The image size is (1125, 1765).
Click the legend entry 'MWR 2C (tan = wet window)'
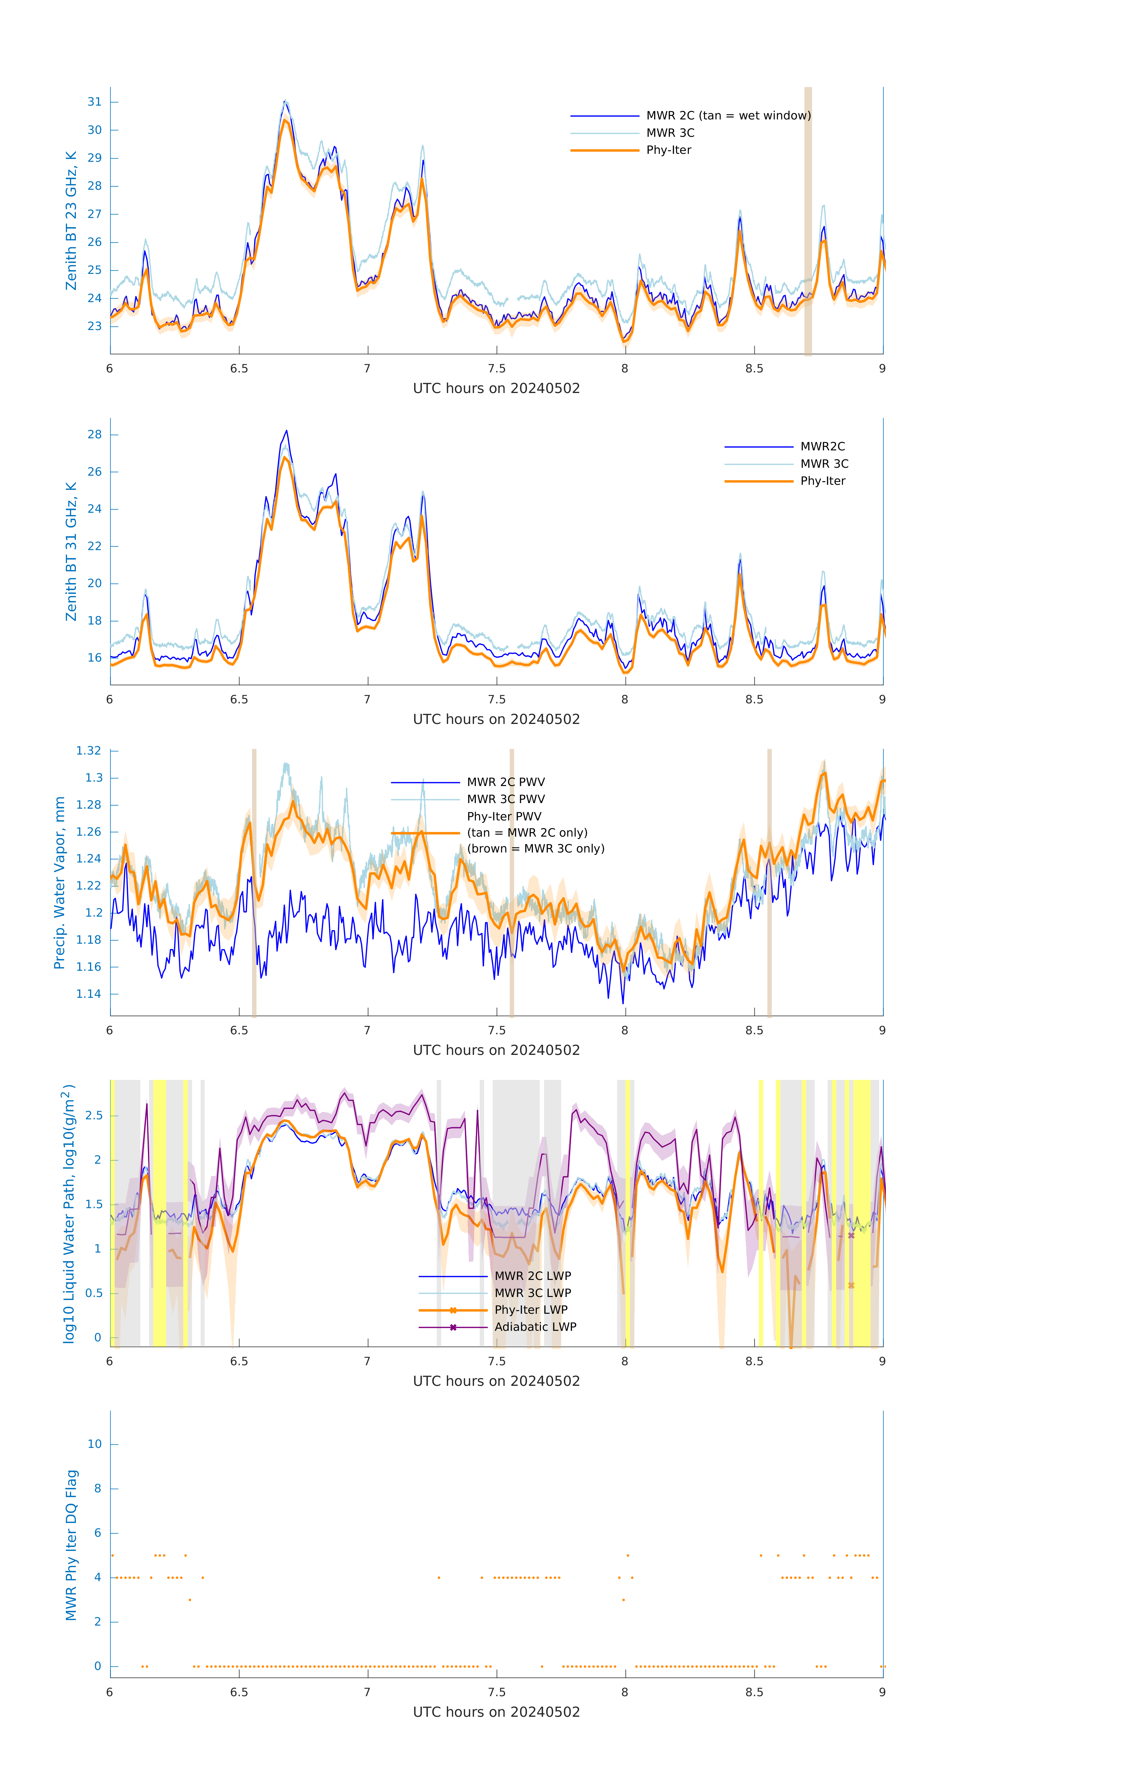pos(728,116)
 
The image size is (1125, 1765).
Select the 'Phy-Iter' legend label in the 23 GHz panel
pos(669,150)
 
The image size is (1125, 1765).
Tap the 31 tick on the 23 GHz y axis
pos(94,102)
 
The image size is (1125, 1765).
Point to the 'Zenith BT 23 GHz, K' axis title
pos(71,221)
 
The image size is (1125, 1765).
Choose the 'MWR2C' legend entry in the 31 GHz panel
pos(822,446)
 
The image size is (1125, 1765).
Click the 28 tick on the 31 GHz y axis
pos(94,435)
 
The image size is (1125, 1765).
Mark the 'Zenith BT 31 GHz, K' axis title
pos(71,551)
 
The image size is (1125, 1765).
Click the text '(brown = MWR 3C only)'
pos(536,849)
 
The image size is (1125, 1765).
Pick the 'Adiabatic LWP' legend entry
pos(535,1327)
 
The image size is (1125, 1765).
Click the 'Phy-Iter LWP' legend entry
pos(531,1310)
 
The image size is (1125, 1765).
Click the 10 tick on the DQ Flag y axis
pos(94,1444)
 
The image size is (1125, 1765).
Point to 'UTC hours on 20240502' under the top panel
pos(496,389)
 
